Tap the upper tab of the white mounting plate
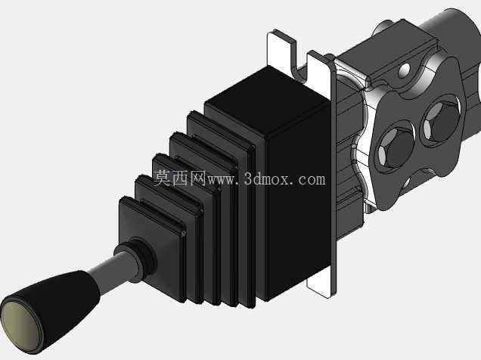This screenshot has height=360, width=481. (x=281, y=51)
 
